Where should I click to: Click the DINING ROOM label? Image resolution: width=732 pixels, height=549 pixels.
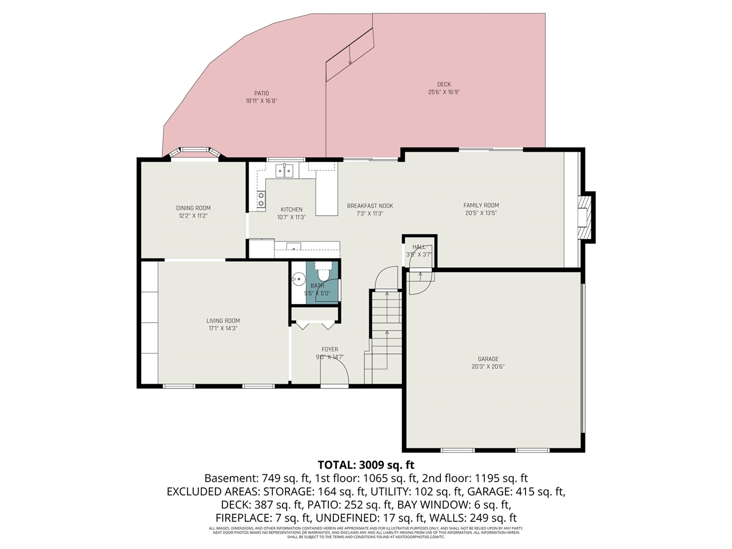193,208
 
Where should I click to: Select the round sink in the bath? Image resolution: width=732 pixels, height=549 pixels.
298,280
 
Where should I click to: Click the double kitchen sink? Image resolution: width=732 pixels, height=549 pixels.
284,170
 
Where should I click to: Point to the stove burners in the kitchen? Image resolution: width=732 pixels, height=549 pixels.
261,199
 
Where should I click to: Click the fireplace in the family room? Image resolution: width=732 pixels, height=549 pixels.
583,219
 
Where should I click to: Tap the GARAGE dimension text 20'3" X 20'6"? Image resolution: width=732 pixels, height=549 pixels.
488,367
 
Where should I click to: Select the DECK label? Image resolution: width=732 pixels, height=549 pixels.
444,85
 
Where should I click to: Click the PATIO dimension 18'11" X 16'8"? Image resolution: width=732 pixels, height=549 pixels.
261,101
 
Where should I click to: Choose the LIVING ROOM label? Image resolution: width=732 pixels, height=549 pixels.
223,321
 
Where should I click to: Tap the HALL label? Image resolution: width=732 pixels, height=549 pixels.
419,247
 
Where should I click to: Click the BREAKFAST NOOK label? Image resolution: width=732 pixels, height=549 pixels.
370,206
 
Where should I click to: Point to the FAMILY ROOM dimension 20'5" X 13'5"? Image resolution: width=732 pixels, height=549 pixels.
481,213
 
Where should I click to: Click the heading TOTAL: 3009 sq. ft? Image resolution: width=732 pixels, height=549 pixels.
366,464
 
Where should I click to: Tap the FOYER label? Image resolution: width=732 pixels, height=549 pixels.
330,349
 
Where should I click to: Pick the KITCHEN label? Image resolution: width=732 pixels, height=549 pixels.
292,209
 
